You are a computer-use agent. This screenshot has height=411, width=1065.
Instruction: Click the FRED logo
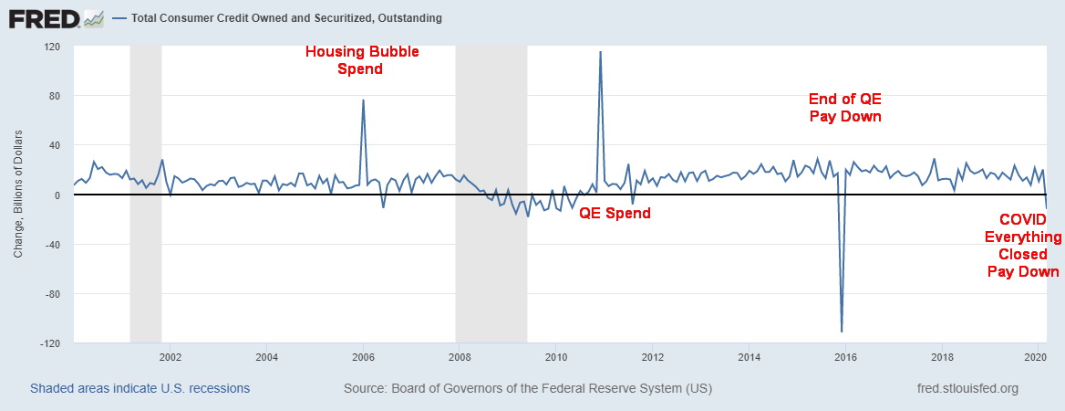pyautogui.click(x=56, y=17)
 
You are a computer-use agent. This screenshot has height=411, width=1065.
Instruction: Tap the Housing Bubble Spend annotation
pyautogui.click(x=361, y=59)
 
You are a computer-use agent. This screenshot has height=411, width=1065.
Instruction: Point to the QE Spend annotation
pyautogui.click(x=615, y=213)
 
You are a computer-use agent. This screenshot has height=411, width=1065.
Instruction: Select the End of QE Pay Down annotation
pyautogui.click(x=845, y=108)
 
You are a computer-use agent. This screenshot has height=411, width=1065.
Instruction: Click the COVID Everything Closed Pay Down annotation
pyautogui.click(x=1024, y=246)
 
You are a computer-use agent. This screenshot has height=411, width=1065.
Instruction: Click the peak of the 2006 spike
pyautogui.click(x=363, y=100)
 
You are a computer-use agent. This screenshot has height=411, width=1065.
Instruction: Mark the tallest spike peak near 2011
pyautogui.click(x=600, y=52)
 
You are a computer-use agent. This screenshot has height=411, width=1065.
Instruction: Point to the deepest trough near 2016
pyautogui.click(x=842, y=331)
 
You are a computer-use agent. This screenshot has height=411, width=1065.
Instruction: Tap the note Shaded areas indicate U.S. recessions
pyautogui.click(x=140, y=388)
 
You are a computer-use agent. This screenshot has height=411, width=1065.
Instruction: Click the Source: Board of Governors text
pyautogui.click(x=527, y=388)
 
